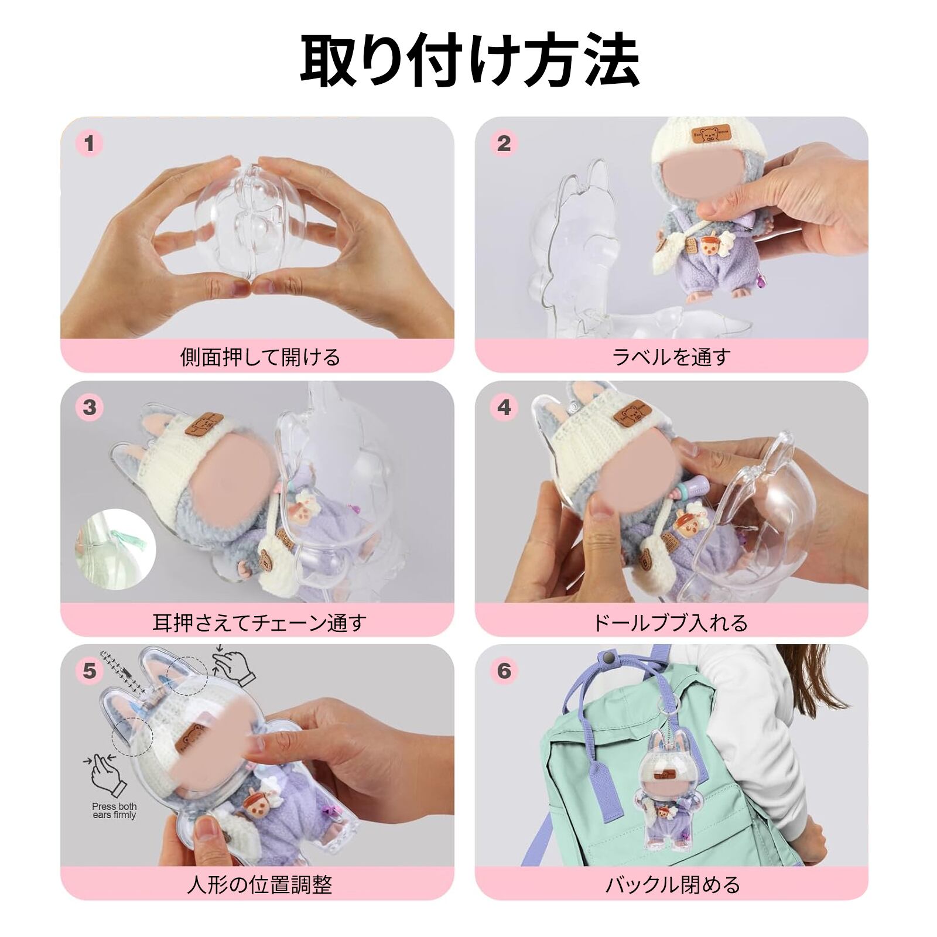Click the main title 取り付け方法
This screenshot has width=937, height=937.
469,60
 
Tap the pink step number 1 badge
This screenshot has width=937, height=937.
90,143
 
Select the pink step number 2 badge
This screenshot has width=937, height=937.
504,143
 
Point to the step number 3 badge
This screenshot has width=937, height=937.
90,407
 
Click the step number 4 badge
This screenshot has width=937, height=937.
504,407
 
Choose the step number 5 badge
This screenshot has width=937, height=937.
90,671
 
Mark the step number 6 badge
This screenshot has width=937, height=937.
504,671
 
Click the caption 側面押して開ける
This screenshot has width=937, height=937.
260,357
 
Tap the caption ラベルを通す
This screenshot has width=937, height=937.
671,357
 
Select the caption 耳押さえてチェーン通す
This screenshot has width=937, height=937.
259,622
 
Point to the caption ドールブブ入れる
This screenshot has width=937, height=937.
671,622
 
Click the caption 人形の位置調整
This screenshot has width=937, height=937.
259,884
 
